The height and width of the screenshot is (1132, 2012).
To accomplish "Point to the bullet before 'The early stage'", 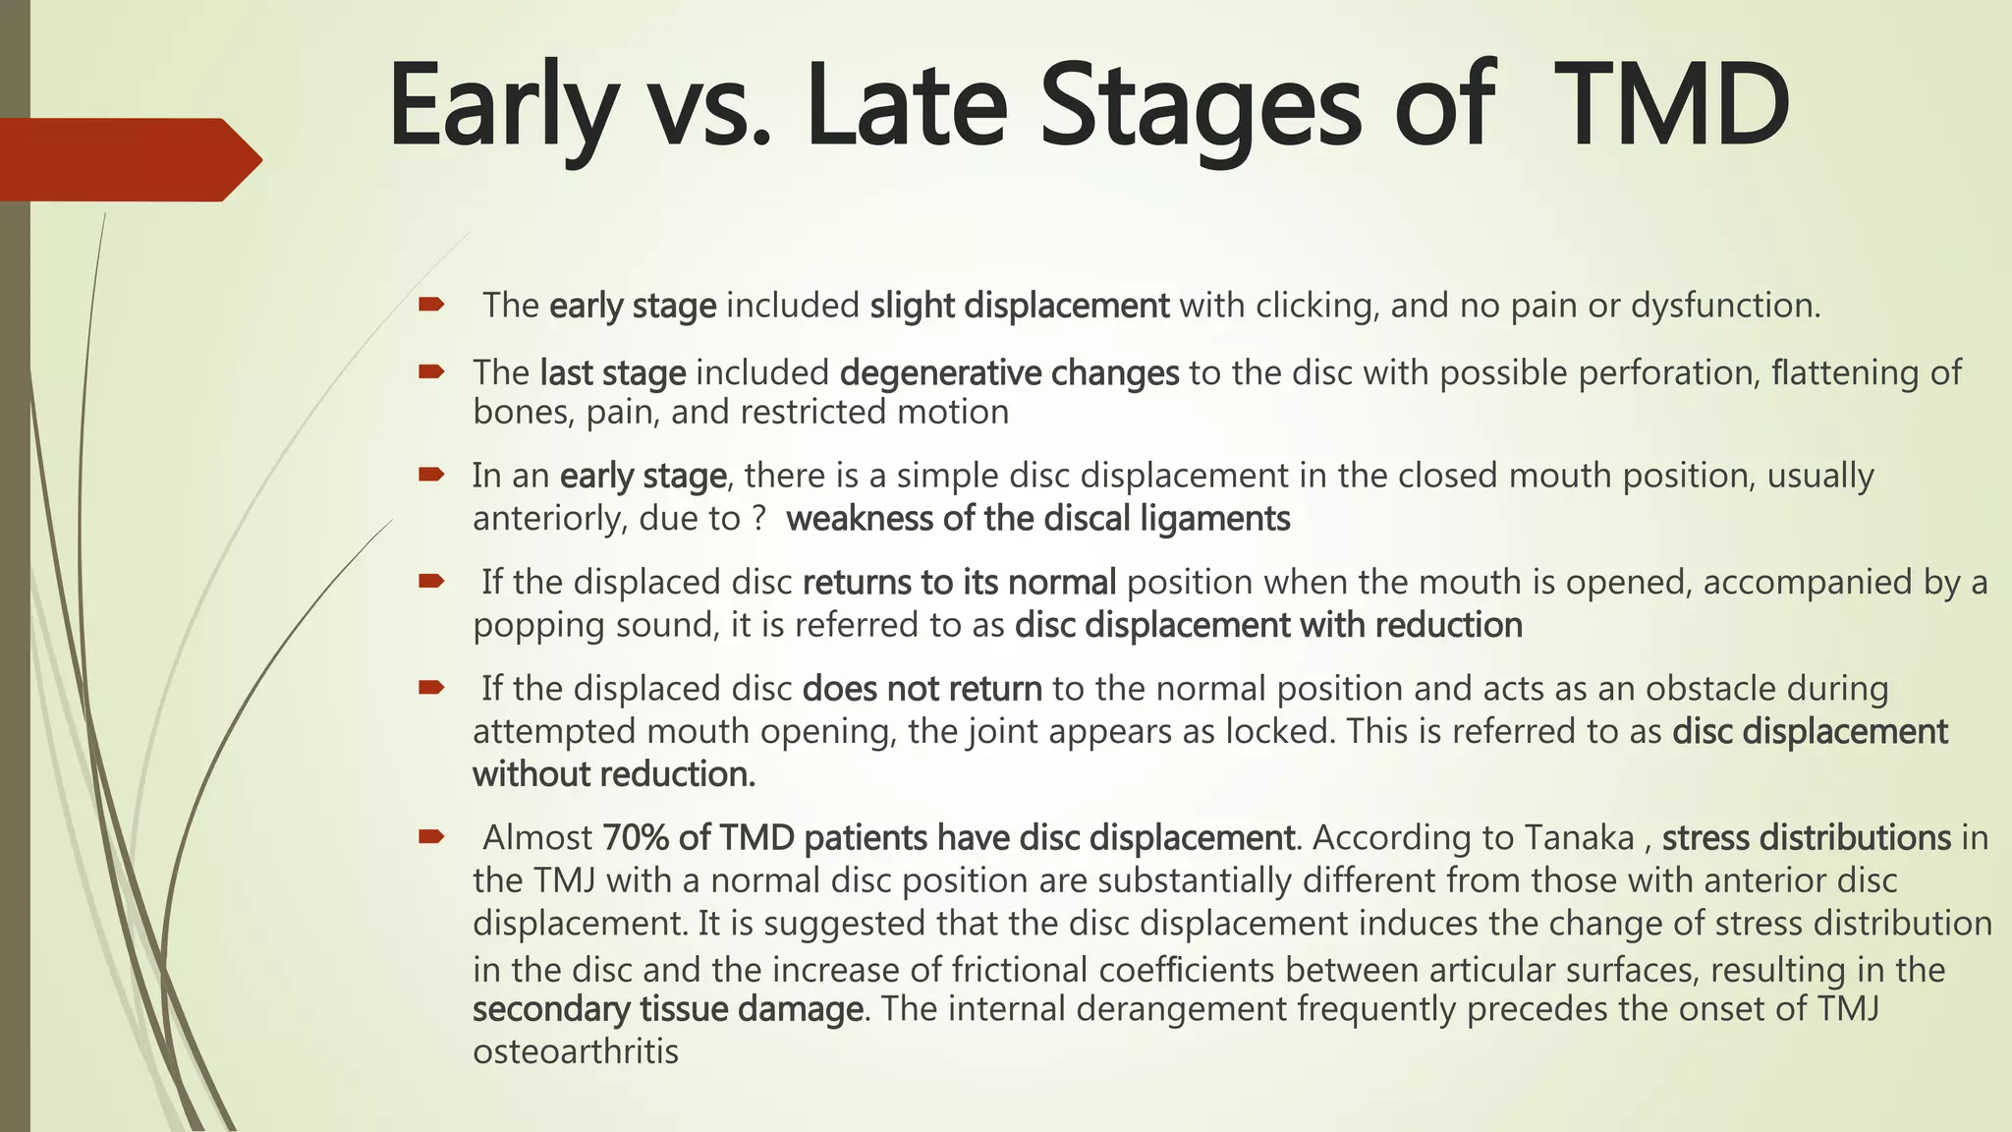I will coord(431,305).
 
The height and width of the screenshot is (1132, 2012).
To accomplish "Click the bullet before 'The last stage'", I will coord(431,371).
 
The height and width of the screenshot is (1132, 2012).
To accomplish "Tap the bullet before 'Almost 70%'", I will coord(431,837).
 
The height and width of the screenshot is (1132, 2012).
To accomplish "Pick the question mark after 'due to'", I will coord(757,518).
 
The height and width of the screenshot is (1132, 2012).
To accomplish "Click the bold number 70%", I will coord(635,838).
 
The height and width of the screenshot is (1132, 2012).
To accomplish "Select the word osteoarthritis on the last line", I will coord(576,1051).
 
